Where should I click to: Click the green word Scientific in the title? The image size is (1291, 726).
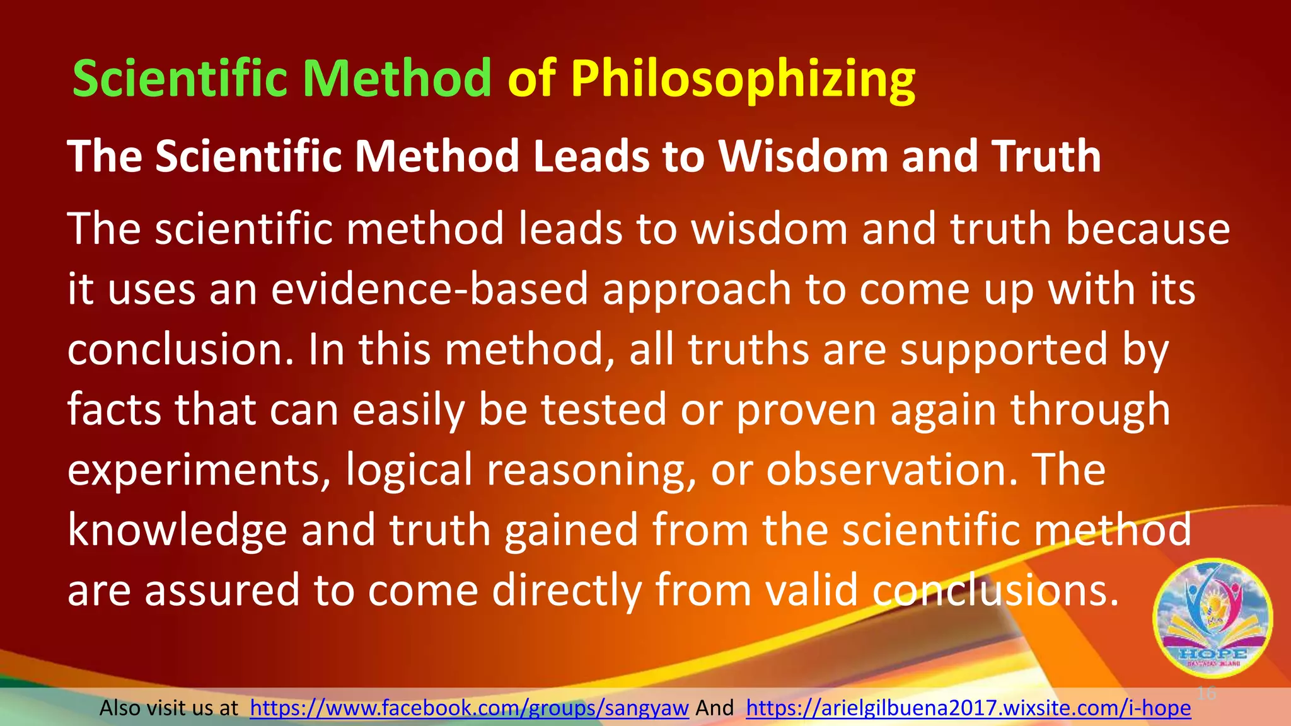click(183, 78)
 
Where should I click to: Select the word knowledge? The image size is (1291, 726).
click(177, 530)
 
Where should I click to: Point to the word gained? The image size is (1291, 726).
click(570, 530)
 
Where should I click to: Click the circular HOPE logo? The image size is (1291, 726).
click(1212, 618)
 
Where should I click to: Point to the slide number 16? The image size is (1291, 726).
click(1206, 694)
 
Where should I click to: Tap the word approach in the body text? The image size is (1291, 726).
click(697, 289)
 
